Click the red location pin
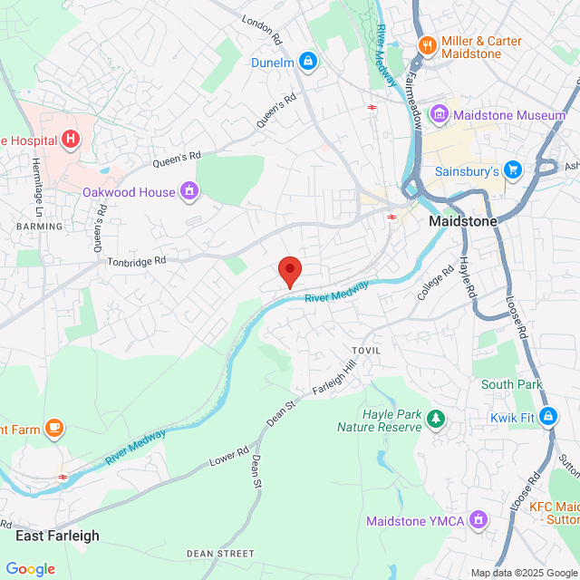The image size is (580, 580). click(x=289, y=270)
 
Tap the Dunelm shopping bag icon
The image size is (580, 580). click(x=308, y=62)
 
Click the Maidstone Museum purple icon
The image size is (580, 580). click(x=440, y=115)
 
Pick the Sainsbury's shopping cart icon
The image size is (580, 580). click(x=513, y=169)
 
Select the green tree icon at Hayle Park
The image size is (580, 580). click(x=437, y=418)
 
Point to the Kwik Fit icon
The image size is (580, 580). click(x=548, y=417)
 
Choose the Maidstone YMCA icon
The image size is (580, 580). click(x=478, y=521)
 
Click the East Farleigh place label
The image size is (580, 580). click(x=57, y=536)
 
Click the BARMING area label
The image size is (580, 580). click(x=39, y=226)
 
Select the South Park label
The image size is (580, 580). click(x=512, y=384)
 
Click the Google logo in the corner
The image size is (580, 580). click(x=30, y=568)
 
